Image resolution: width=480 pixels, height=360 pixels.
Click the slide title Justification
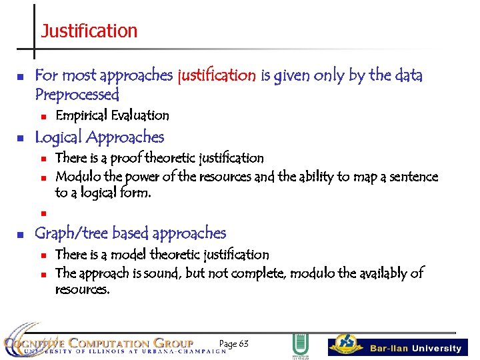pos(89,31)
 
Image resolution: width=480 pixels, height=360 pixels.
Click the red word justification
pos(217,75)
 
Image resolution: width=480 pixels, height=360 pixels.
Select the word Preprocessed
pos(77,94)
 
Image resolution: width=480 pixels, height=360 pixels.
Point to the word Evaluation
pos(140,115)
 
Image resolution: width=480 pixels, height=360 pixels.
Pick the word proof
pos(125,158)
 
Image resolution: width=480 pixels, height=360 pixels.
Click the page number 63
pos(234,343)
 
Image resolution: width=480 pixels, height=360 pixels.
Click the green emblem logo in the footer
pos(300,346)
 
